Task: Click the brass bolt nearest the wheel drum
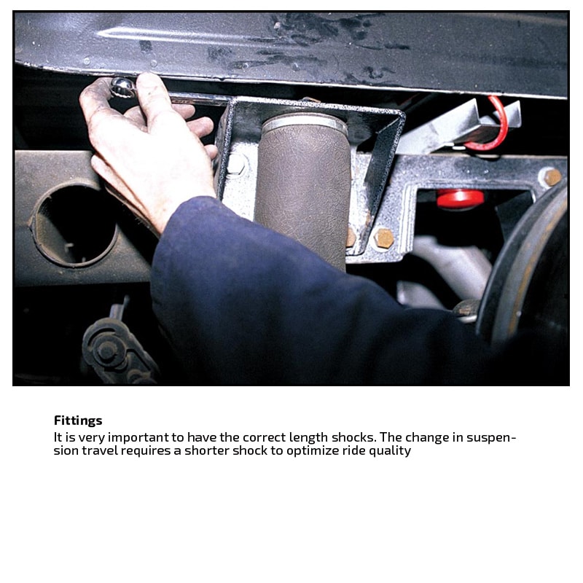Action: point(552,177)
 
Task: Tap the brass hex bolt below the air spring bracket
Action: point(383,238)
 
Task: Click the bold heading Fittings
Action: point(78,420)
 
